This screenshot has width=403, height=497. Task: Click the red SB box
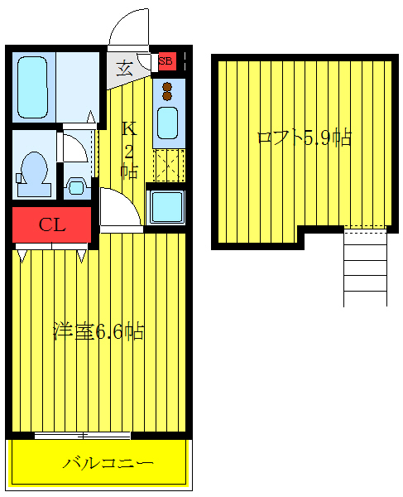point(166,60)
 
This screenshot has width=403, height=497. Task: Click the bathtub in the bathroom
point(35,86)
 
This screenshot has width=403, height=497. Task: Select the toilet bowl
point(33,168)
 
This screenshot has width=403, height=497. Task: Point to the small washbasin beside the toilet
point(75,186)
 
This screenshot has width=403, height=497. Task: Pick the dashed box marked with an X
point(169,164)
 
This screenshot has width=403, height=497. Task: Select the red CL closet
point(51,223)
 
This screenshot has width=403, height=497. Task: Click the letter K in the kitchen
point(128,129)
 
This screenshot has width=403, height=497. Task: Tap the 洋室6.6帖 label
point(98,333)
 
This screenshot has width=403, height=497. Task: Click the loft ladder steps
point(365,267)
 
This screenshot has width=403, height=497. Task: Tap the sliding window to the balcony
point(83,435)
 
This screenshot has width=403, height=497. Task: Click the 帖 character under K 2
point(129,171)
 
